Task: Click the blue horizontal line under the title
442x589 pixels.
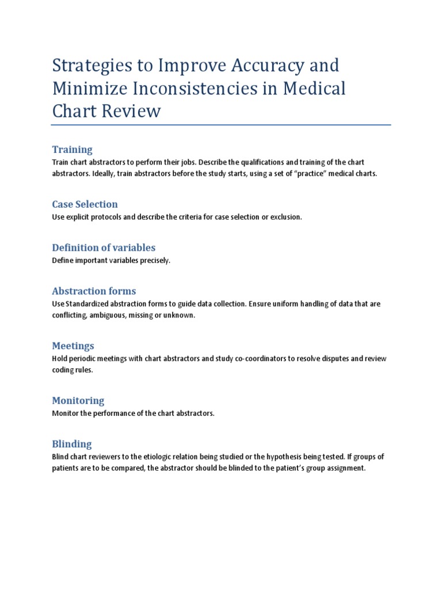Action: [x=221, y=124]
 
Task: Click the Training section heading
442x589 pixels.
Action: [x=72, y=150]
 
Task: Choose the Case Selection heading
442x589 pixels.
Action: [x=85, y=204]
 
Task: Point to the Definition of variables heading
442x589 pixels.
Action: [x=104, y=247]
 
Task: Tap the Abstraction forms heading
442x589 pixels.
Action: [x=94, y=291]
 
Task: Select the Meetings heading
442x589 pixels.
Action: [x=73, y=346]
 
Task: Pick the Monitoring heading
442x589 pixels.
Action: [x=78, y=400]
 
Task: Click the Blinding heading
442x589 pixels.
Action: [x=72, y=444]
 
